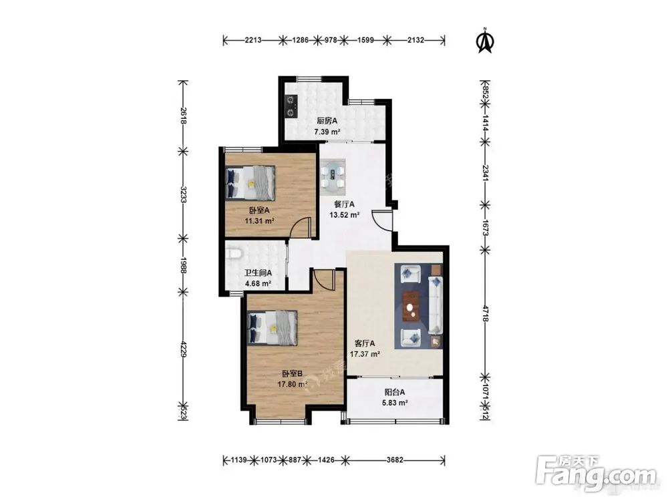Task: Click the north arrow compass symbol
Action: [484, 41]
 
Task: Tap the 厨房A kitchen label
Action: [327, 120]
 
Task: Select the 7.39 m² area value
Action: [327, 132]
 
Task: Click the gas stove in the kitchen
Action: [291, 106]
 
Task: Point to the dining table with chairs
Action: [333, 174]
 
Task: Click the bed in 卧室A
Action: [251, 183]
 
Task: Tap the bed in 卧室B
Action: [273, 327]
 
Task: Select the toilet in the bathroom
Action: [234, 254]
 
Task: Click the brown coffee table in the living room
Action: [411, 305]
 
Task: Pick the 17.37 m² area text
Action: [365, 354]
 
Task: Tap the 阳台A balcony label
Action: [395, 392]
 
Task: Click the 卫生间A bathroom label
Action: [258, 273]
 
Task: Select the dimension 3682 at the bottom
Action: [395, 460]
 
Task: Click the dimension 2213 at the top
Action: [253, 41]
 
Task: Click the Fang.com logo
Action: [597, 474]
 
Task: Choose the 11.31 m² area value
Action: [259, 220]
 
